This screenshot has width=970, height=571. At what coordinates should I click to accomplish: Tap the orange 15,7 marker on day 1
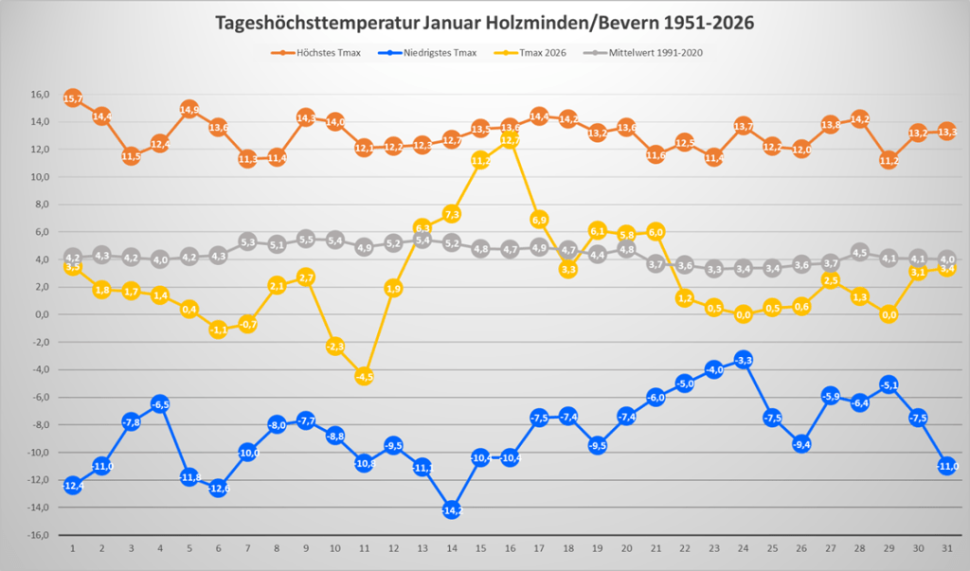tap(73, 98)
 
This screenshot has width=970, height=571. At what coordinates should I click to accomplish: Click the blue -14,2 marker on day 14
tap(452, 509)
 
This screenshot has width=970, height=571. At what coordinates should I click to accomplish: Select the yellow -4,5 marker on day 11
tap(365, 376)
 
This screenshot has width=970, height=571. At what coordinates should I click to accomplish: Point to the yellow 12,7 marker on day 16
tap(510, 140)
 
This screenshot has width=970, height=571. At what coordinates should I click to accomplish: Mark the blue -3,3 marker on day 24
tap(744, 360)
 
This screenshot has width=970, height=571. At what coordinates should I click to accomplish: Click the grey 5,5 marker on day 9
tap(306, 239)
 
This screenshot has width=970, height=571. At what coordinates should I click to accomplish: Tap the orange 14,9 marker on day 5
tap(189, 110)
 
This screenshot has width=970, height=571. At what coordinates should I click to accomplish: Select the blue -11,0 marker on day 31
tap(947, 466)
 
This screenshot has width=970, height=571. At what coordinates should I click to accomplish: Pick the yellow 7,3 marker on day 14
tap(452, 214)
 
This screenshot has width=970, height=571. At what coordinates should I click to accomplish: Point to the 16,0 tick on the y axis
tap(39, 95)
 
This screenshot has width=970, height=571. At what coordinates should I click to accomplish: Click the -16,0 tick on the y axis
tap(37, 535)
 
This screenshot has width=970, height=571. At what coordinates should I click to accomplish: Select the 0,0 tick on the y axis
tap(41, 314)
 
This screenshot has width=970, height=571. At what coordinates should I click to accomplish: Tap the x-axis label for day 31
tap(947, 548)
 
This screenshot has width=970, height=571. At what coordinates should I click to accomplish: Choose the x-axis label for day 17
tap(539, 548)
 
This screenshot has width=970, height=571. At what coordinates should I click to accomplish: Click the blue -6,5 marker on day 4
tap(160, 404)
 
